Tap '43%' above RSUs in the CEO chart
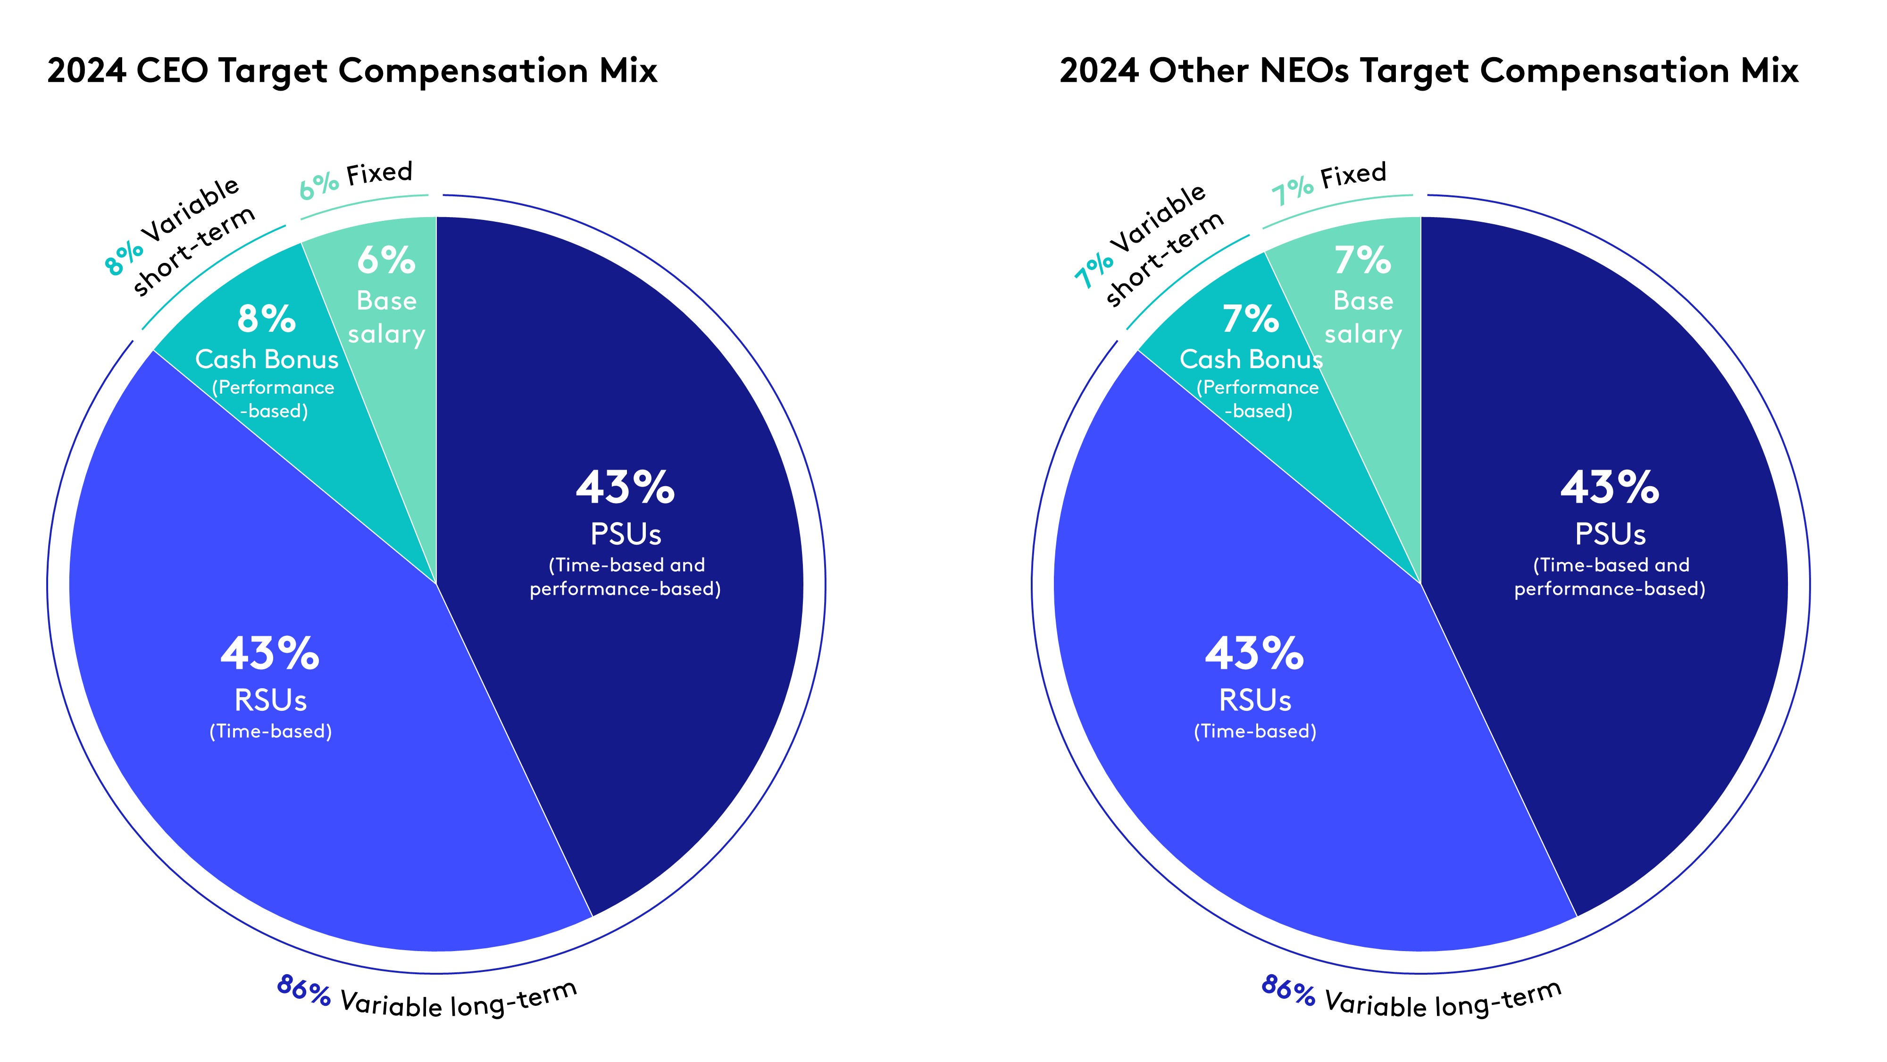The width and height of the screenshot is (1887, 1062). [x=269, y=654]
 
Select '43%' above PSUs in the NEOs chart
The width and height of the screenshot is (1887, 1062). [x=1609, y=488]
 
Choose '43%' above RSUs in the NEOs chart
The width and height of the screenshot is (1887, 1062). [x=1254, y=654]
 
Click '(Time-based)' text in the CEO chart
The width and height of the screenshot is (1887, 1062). [x=270, y=732]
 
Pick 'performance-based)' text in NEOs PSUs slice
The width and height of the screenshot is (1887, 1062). [x=1609, y=589]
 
